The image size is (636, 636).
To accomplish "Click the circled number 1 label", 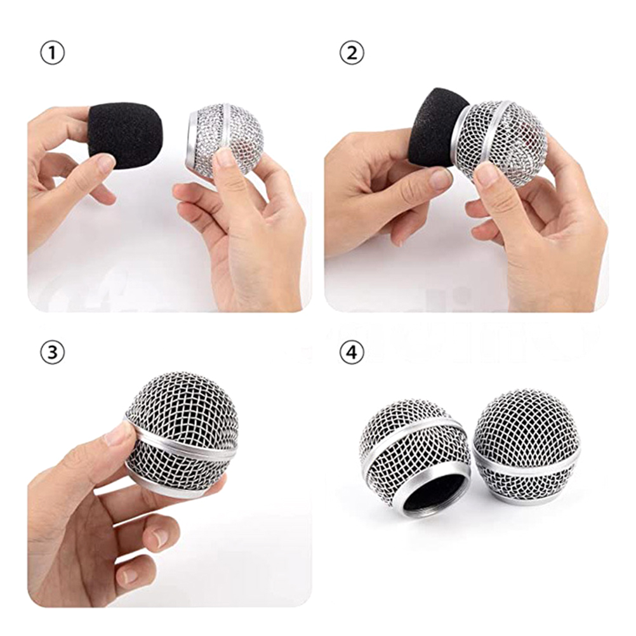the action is click(x=52, y=53).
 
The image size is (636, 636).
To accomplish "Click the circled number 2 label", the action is click(x=351, y=53).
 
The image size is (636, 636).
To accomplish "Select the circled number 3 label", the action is click(x=52, y=351).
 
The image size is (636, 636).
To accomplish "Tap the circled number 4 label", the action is click(x=351, y=351).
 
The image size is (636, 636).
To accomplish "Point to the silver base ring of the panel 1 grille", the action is click(x=194, y=138).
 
